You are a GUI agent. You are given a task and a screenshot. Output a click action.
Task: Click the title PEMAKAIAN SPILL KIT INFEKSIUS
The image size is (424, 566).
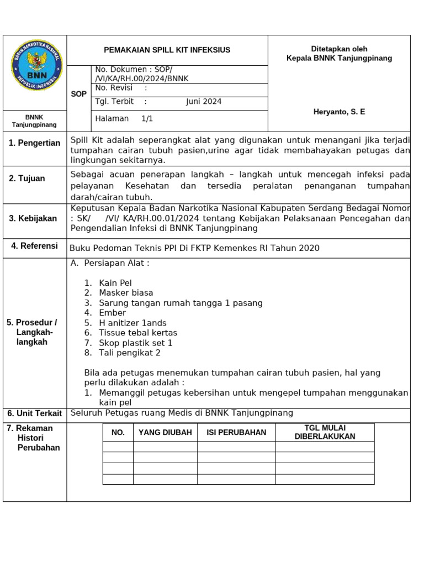point(167,50)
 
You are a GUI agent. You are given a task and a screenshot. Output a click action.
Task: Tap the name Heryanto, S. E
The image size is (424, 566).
point(339,112)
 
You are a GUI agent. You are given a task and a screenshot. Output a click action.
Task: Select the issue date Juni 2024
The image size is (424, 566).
point(204,102)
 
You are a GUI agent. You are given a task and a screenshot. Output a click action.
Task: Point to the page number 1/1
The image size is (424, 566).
point(147,118)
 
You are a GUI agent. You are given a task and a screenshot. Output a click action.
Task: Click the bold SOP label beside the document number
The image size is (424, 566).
point(79,94)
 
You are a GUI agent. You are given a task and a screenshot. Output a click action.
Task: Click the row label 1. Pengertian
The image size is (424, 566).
point(34,143)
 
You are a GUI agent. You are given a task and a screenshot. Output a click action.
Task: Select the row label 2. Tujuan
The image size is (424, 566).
point(27,179)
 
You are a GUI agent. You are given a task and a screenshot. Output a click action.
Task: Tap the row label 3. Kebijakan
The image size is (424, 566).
point(33,218)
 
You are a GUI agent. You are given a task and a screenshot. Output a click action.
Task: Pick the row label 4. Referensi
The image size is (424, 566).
point(34,246)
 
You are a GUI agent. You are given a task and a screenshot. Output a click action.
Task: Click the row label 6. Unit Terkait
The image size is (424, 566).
point(34,413)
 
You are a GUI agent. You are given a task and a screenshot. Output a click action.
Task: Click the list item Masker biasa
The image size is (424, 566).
point(126,293)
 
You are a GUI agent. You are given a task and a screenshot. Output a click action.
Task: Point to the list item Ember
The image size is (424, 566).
point(112,313)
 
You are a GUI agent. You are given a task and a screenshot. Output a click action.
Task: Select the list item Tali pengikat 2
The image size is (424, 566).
point(130,353)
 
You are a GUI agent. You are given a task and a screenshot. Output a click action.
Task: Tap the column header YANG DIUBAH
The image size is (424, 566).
point(165,432)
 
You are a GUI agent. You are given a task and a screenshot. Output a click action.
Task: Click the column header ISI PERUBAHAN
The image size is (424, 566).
point(236,432)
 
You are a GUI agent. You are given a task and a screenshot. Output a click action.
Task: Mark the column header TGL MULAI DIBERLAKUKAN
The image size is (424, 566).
point(325,432)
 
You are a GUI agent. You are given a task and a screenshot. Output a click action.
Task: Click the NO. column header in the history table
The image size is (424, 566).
point(118,432)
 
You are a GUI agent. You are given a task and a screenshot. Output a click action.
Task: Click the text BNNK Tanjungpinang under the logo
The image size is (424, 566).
point(34,121)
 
